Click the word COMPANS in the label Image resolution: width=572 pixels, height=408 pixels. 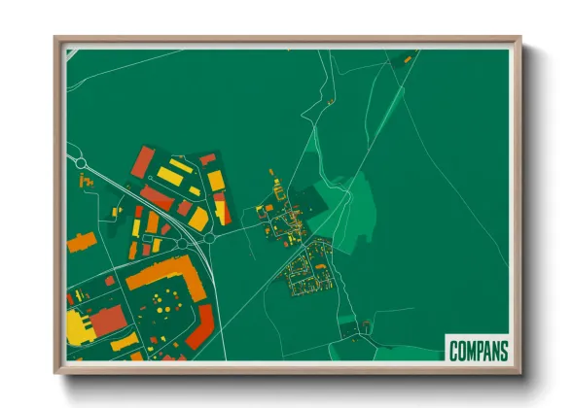pyautogui.click(x=477, y=349)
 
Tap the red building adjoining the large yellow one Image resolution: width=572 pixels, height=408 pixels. pyautogui.click(x=107, y=320)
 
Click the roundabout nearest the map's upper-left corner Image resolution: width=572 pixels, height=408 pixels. pyautogui.click(x=80, y=163)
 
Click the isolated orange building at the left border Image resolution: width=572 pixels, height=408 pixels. pyautogui.click(x=80, y=241)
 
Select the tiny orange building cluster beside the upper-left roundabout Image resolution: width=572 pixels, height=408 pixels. pyautogui.click(x=86, y=181)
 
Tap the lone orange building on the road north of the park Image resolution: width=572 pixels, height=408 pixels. pyautogui.click(x=332, y=100)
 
